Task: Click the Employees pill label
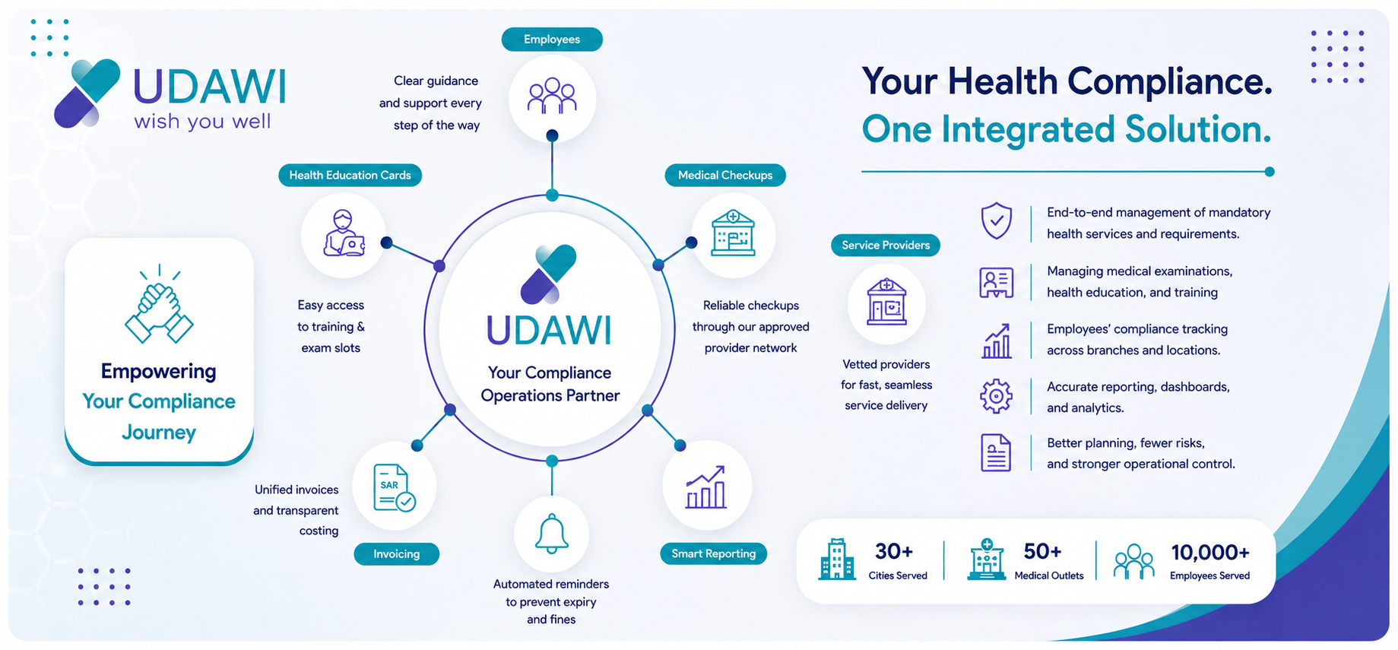tap(552, 40)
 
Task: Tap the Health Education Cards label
tap(350, 176)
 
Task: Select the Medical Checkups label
tap(725, 176)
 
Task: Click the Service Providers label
tap(886, 246)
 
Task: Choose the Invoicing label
tap(397, 554)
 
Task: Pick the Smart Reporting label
tap(714, 553)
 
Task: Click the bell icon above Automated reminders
tap(552, 534)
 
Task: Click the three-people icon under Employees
tap(552, 96)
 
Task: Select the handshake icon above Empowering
tap(159, 304)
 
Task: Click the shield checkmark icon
tap(996, 221)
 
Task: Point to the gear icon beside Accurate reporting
tap(996, 396)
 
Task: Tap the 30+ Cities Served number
tap(894, 551)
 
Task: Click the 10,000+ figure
tap(1210, 552)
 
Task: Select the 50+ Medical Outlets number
tap(1042, 551)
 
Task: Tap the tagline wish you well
tap(202, 122)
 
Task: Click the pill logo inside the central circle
tap(549, 274)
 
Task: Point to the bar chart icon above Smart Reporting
tap(706, 487)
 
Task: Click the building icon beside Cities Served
tap(837, 560)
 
